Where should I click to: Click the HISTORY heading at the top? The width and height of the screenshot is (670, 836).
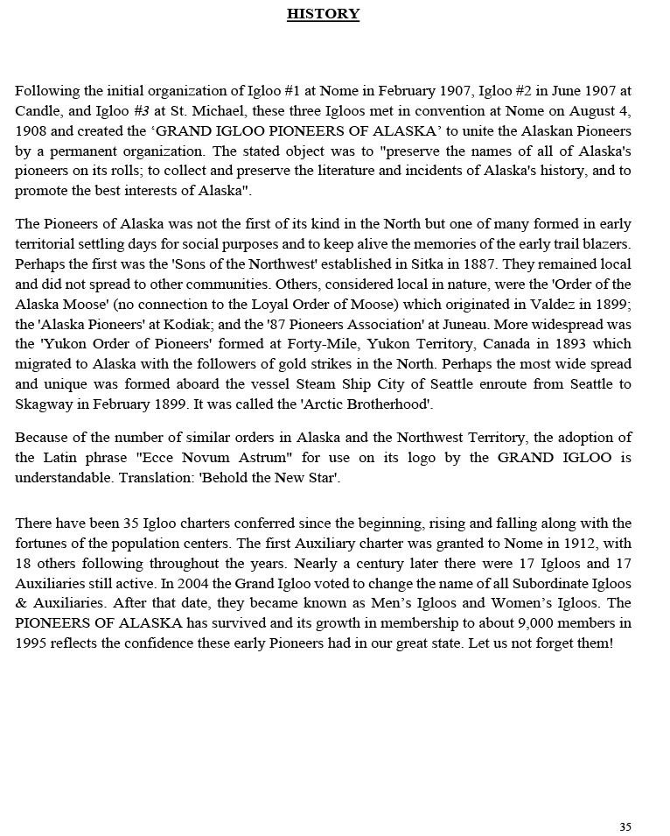click(323, 14)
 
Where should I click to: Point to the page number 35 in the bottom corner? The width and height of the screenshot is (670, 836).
click(625, 826)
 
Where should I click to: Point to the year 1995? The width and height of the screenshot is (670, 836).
click(32, 643)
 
